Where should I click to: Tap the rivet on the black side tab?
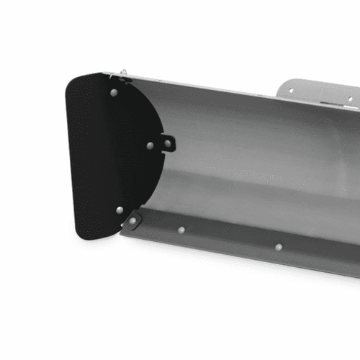[168, 143]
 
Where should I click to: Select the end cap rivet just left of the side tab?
[150, 145]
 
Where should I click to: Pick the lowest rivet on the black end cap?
[120, 210]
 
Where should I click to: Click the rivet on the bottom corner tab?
[132, 220]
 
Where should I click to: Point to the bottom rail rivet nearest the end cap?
[181, 230]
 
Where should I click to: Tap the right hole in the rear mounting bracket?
[351, 99]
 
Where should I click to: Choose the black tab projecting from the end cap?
[167, 143]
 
